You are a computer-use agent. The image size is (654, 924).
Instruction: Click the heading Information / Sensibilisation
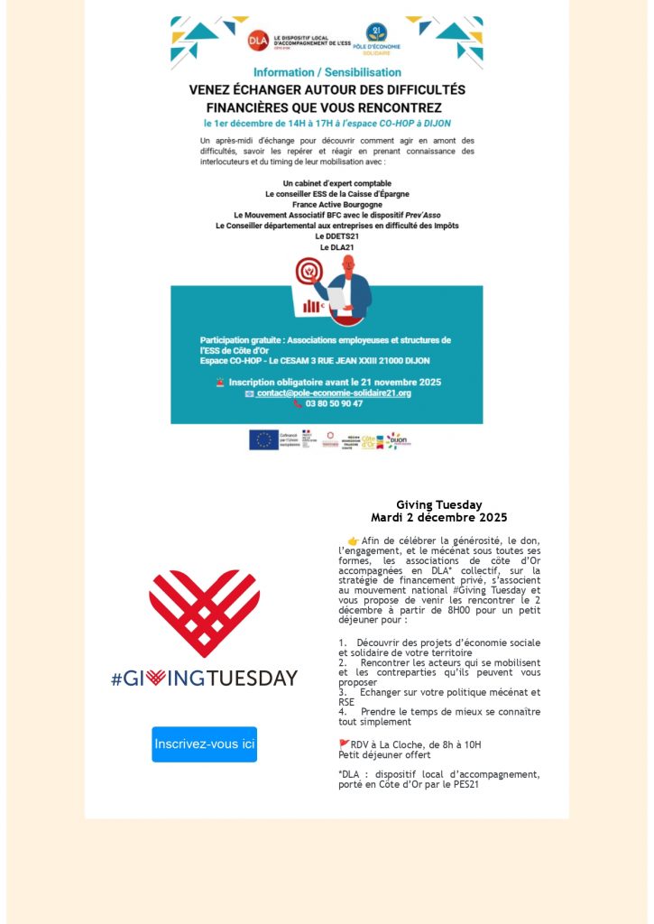(327, 72)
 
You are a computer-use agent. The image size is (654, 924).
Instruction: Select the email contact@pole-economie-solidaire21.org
(333, 393)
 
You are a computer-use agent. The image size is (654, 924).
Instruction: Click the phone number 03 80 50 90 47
(334, 404)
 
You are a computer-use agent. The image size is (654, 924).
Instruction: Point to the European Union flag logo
(264, 439)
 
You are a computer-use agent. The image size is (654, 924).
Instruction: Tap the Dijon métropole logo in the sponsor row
(398, 440)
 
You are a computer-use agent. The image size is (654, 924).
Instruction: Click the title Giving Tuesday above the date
(438, 505)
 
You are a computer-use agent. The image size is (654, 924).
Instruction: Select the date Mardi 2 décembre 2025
(438, 518)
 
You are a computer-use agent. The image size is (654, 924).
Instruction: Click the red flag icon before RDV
(344, 744)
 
